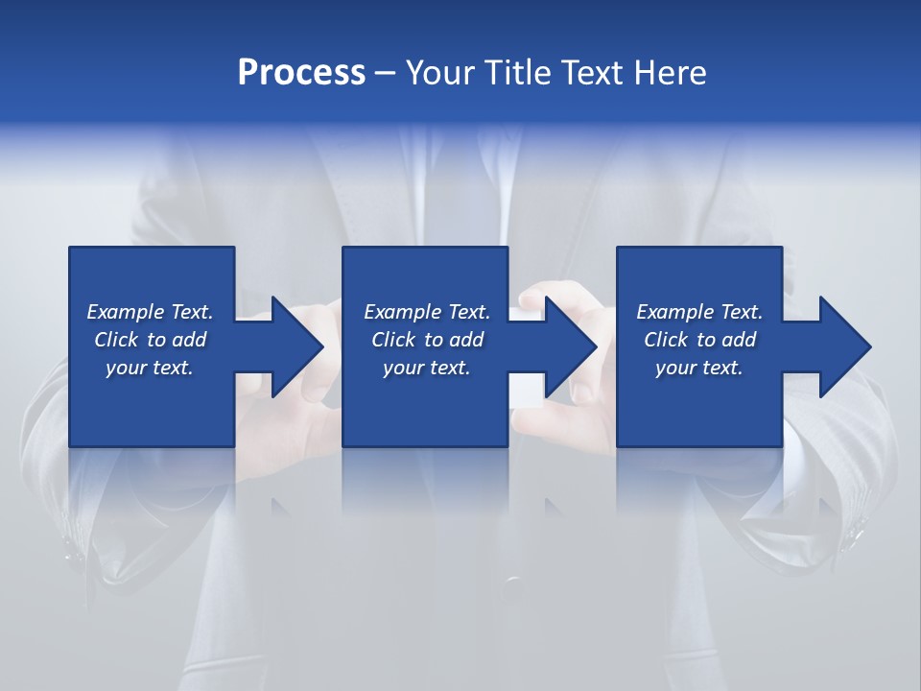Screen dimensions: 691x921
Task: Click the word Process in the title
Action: [301, 73]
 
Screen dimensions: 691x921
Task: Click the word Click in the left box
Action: [117, 340]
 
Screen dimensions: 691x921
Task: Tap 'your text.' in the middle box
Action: [426, 368]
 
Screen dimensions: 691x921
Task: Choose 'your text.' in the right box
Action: [698, 368]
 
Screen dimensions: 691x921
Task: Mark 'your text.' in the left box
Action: [150, 368]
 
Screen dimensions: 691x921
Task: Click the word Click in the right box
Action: [667, 340]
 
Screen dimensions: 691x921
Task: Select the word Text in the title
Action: [589, 73]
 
